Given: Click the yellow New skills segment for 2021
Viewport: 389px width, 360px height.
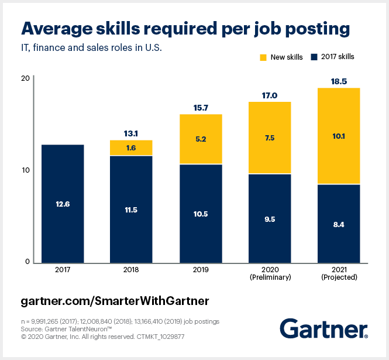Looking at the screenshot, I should click(x=339, y=136).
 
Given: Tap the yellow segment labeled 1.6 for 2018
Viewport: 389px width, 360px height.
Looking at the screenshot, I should click(x=131, y=148).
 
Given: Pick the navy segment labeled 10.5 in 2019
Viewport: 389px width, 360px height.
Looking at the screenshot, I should click(x=200, y=214).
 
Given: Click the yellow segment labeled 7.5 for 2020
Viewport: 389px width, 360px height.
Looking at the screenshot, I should click(x=270, y=138).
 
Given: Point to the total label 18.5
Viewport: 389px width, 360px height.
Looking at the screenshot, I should click(x=339, y=81).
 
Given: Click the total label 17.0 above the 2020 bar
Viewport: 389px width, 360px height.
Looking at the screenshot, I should click(x=270, y=95).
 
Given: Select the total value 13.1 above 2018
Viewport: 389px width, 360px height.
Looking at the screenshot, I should click(x=131, y=133).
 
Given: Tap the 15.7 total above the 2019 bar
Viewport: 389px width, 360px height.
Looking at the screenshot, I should click(x=200, y=107).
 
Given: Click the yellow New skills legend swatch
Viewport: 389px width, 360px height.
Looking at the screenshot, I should click(x=263, y=57).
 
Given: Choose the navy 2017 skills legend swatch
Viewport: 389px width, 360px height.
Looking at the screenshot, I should click(x=314, y=57).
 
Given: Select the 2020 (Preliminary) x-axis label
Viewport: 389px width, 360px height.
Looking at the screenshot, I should click(x=270, y=273).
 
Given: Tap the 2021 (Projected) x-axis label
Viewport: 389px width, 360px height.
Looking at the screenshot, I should click(x=339, y=273).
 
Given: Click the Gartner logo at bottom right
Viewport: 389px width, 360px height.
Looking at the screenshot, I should click(x=323, y=328).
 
